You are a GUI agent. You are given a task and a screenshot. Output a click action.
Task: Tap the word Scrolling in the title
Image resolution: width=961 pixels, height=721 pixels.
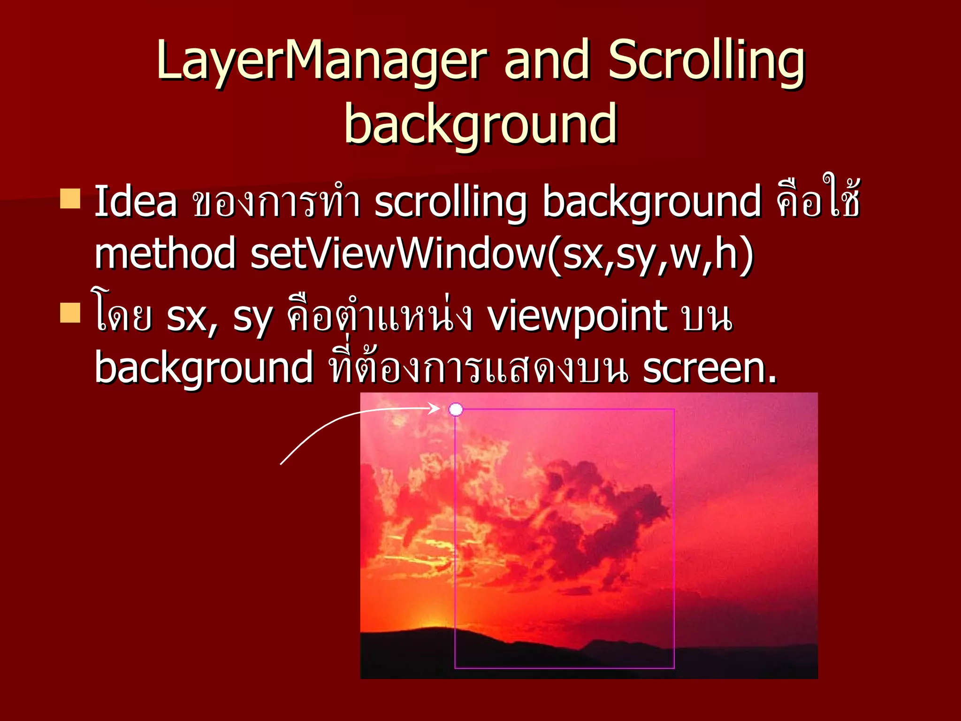pyautogui.click(x=707, y=61)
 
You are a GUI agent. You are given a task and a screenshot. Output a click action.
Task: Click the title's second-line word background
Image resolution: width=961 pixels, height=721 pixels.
pyautogui.click(x=480, y=124)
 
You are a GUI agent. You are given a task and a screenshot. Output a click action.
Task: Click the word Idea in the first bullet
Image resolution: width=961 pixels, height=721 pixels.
pyautogui.click(x=136, y=202)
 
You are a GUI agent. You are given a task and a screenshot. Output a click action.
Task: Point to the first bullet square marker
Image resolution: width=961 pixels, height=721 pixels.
pyautogui.click(x=70, y=198)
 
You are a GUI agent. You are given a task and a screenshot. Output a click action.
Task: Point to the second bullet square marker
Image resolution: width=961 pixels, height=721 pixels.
pyautogui.click(x=70, y=313)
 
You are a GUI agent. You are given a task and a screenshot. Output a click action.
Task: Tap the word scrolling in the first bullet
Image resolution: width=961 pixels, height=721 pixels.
pyautogui.click(x=450, y=202)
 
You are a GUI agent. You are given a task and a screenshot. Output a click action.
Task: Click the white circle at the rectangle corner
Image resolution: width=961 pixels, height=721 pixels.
pyautogui.click(x=456, y=410)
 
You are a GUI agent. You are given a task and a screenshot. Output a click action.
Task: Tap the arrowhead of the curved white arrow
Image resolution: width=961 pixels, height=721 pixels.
pyautogui.click(x=436, y=408)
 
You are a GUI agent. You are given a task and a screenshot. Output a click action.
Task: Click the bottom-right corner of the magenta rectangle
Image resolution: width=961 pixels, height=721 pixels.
pyautogui.click(x=674, y=667)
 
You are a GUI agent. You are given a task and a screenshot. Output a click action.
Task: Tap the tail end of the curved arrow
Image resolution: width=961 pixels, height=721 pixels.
pyautogui.click(x=281, y=464)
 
